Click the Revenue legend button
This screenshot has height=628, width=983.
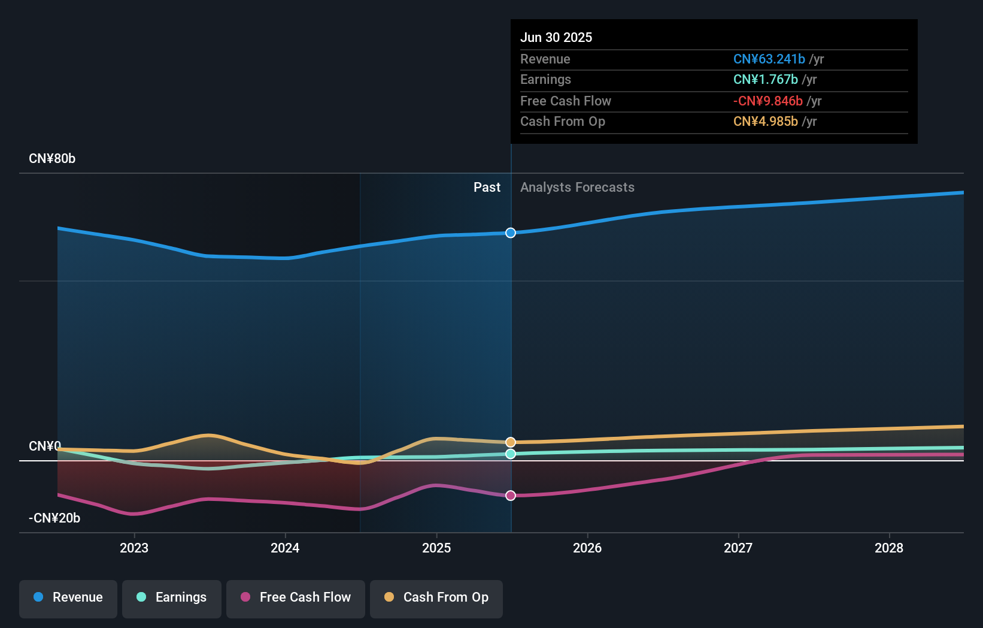pos(68,598)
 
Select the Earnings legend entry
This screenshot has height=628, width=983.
pos(172,598)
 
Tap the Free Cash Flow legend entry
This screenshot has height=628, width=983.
pos(296,598)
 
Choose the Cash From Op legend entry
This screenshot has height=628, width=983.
pos(436,598)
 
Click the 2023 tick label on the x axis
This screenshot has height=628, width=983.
pos(134,548)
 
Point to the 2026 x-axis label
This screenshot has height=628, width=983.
pos(587,548)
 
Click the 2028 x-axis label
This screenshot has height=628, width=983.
pos(889,548)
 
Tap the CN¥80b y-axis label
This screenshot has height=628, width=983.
pos(52,159)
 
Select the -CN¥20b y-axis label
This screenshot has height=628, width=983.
pos(54,518)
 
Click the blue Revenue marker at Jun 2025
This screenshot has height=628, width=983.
pos(511,233)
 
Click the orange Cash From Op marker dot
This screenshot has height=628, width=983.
pos(511,442)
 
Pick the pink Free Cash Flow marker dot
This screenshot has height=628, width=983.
pos(511,496)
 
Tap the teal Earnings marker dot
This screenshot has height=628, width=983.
pos(511,454)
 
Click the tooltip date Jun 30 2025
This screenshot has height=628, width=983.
pos(556,37)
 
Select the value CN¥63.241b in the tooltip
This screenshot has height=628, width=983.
pos(769,59)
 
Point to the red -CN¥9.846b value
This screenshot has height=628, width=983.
pos(767,101)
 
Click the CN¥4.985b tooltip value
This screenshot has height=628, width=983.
pos(765,122)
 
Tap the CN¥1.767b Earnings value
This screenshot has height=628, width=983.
pos(765,80)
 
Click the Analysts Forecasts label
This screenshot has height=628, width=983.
pos(577,188)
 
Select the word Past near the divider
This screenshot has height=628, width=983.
pos(487,188)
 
